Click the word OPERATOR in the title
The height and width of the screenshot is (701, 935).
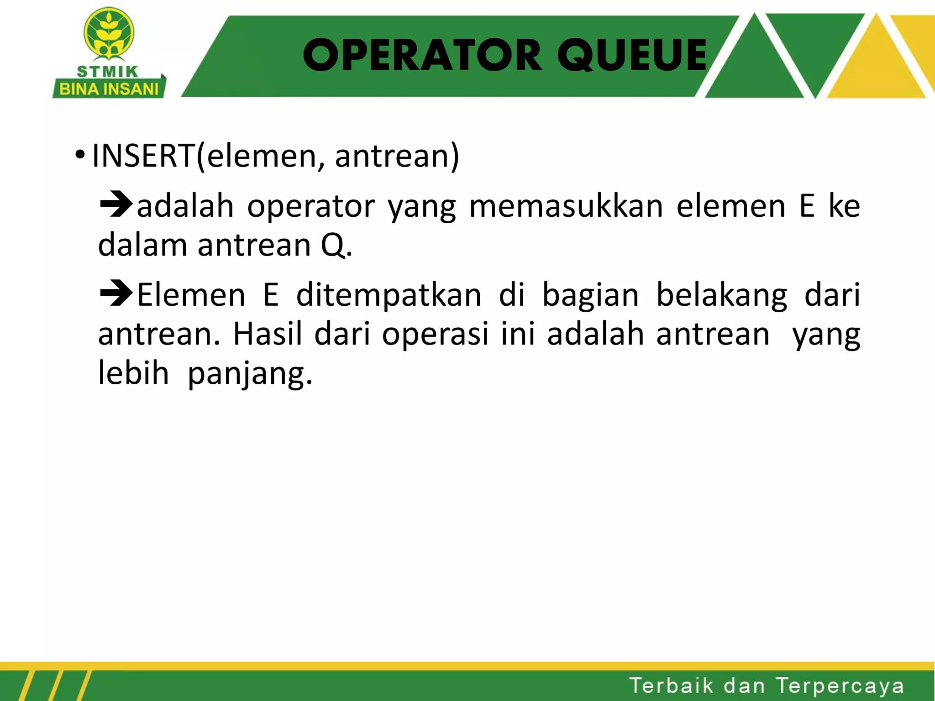point(422,56)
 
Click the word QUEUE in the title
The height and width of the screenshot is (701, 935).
point(632,56)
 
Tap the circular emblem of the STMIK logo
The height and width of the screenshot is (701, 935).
point(109,34)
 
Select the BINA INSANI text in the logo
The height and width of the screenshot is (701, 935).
point(109,89)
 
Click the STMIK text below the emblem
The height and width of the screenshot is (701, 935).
point(108,72)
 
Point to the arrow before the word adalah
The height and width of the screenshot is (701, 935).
point(116,205)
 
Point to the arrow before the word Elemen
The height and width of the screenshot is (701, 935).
point(116,294)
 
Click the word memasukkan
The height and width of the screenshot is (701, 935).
point(566,206)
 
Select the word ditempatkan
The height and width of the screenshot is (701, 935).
point(389,295)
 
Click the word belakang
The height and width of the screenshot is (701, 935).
point(721,295)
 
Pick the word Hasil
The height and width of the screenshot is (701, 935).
point(268,334)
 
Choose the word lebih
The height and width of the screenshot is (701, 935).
point(133,373)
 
